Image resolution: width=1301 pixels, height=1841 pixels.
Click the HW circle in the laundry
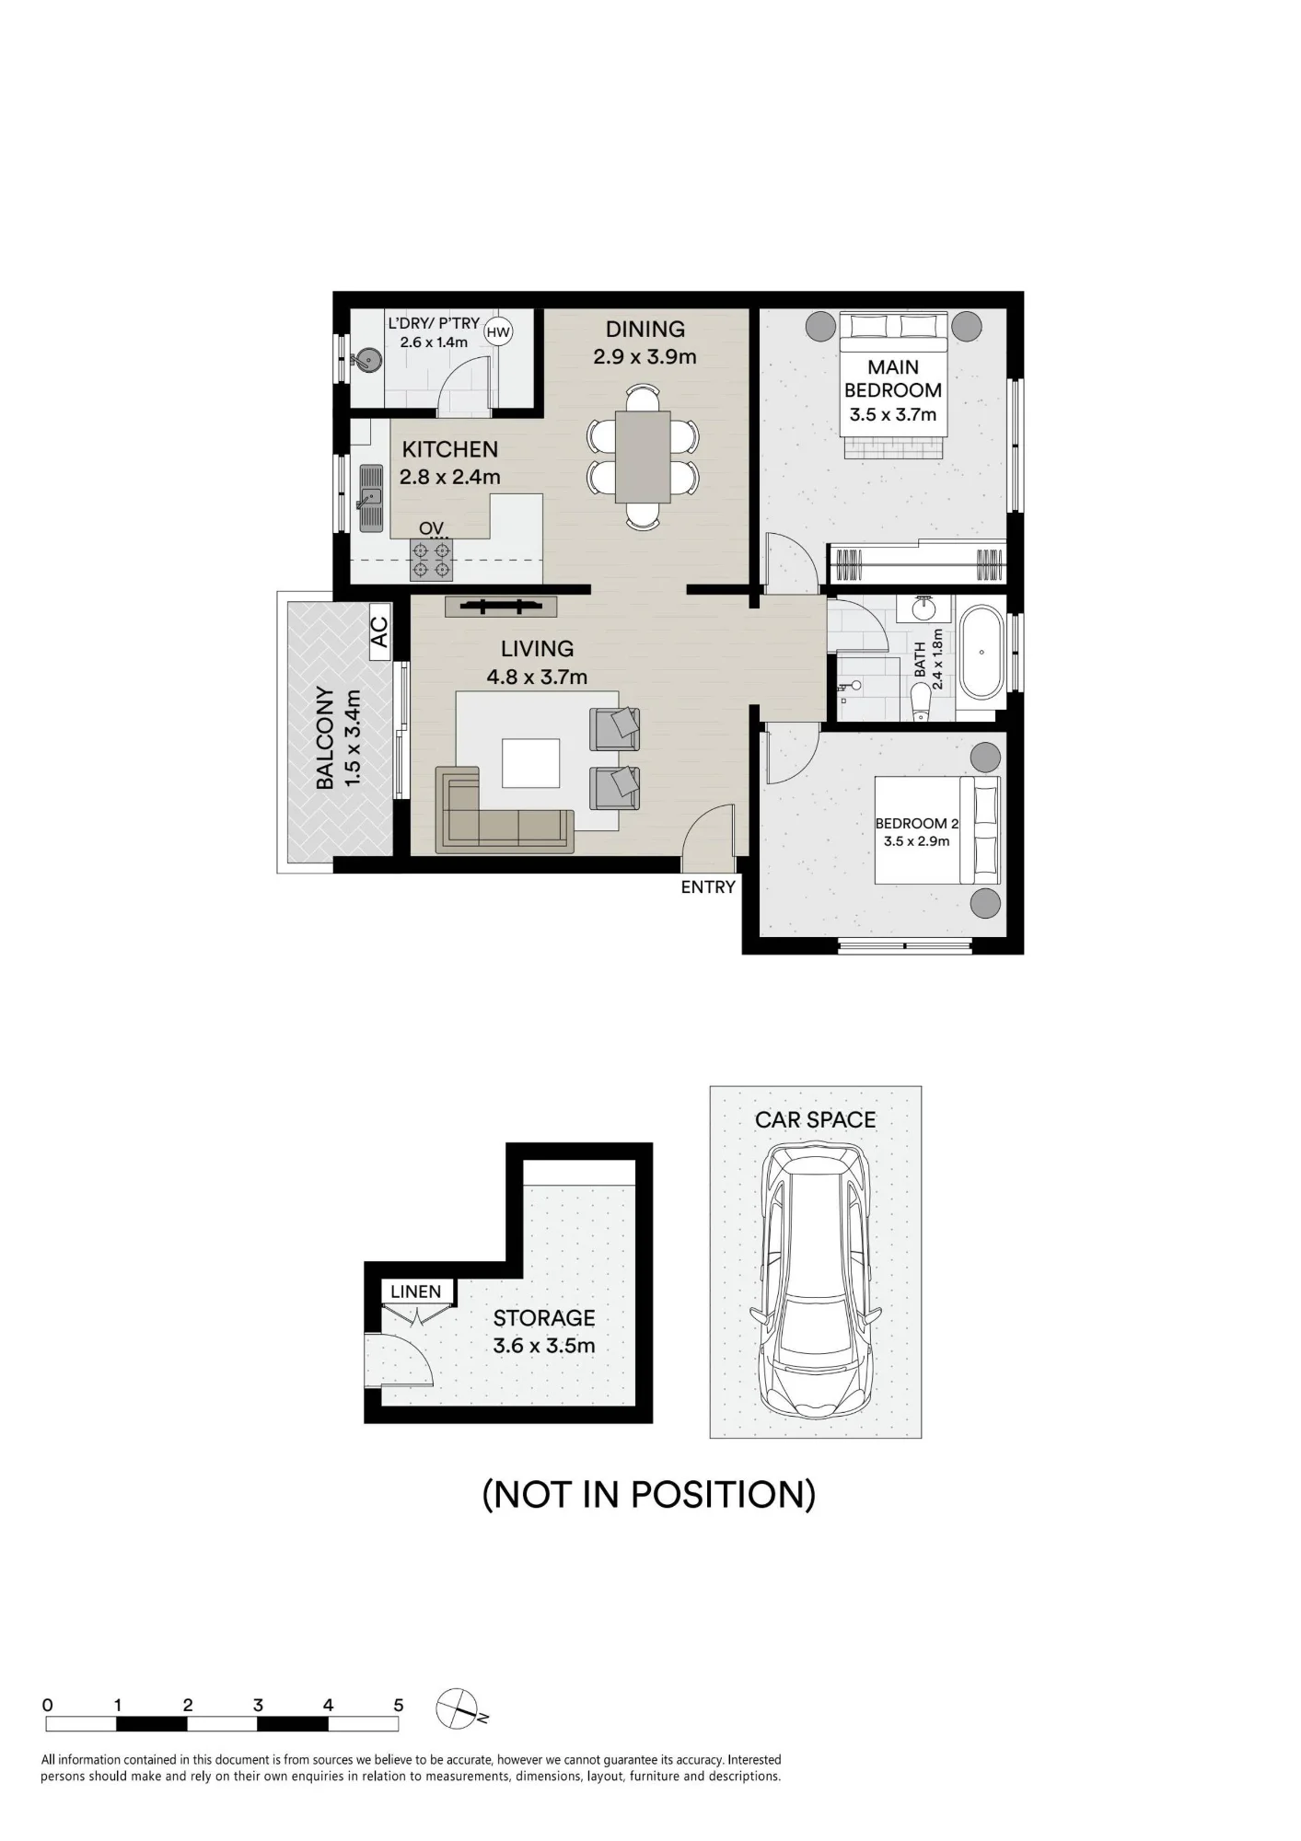498,332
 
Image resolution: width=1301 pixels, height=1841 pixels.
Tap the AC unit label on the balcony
379,631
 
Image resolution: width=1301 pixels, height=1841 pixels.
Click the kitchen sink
370,498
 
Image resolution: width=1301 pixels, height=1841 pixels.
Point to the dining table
643,457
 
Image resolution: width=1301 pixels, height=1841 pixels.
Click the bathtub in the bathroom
982,652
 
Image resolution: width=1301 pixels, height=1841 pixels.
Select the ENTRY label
708,887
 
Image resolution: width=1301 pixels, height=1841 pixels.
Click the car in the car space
815,1280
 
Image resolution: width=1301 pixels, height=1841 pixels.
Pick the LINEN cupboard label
416,1291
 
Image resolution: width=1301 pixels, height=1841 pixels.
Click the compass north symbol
459,1709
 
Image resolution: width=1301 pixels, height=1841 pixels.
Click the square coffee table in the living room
530,763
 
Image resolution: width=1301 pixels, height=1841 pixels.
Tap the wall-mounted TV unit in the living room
501,606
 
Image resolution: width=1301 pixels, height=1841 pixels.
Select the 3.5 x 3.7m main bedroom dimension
892,414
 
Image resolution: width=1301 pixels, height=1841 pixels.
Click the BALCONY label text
325,737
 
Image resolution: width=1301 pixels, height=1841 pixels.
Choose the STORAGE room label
544,1317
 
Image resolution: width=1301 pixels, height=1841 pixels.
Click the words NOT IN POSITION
649,1494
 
